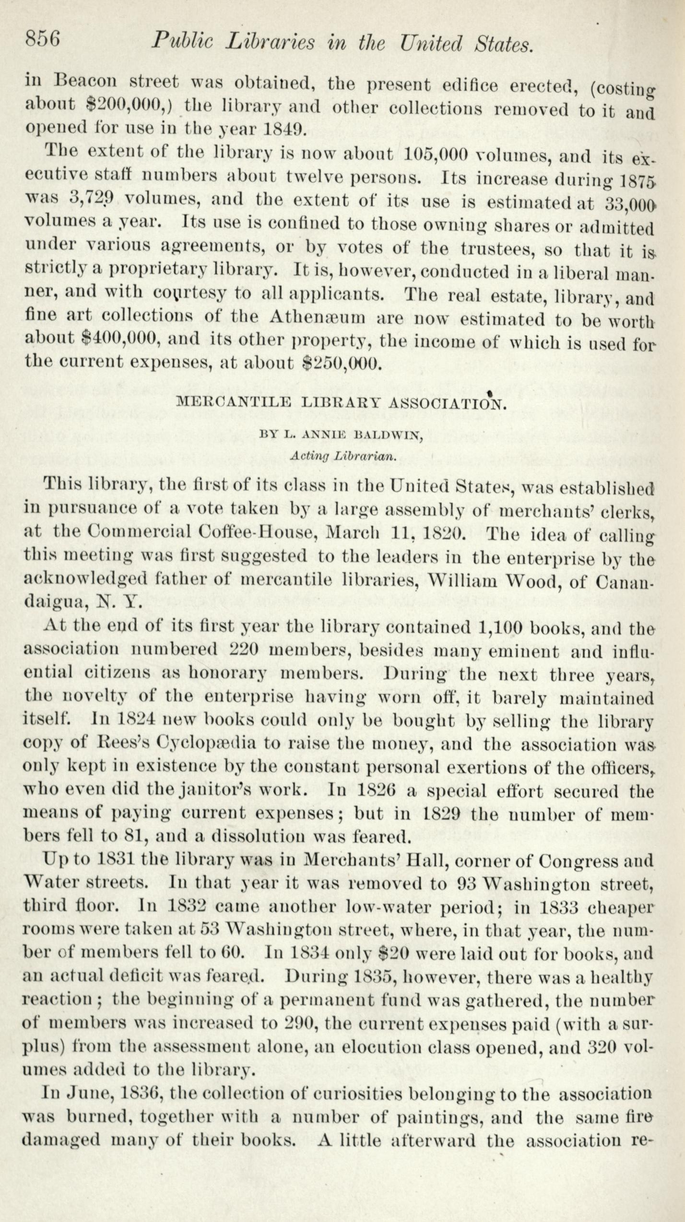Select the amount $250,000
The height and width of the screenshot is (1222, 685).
point(343,364)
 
